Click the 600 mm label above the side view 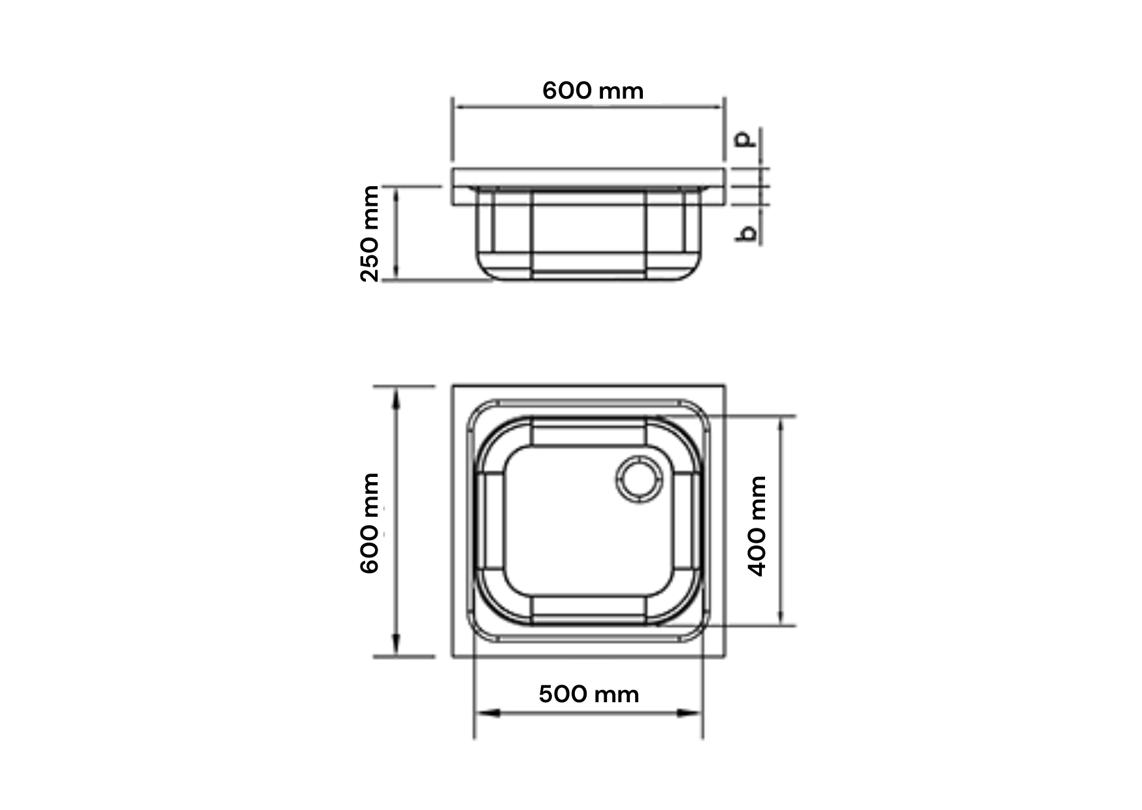click(593, 91)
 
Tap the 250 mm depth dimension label click(370, 233)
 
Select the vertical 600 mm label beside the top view click(370, 523)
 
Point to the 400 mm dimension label click(757, 526)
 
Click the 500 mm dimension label click(589, 694)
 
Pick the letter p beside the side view click(746, 138)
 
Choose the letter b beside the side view click(746, 233)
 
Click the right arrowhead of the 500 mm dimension click(691, 713)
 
